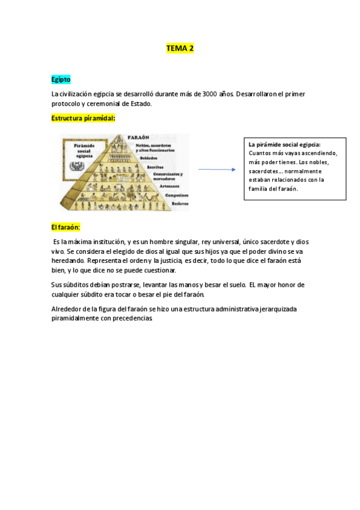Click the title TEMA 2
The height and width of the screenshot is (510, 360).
180,48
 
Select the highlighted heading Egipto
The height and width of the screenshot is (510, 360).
61,79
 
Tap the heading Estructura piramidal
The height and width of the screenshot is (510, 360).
83,118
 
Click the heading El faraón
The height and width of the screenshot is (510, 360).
66,227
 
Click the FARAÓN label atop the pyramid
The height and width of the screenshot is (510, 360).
139,137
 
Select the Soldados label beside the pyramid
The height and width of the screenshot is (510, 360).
150,158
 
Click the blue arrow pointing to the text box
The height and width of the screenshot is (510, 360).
216,170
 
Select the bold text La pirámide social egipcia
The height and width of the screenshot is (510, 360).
284,145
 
